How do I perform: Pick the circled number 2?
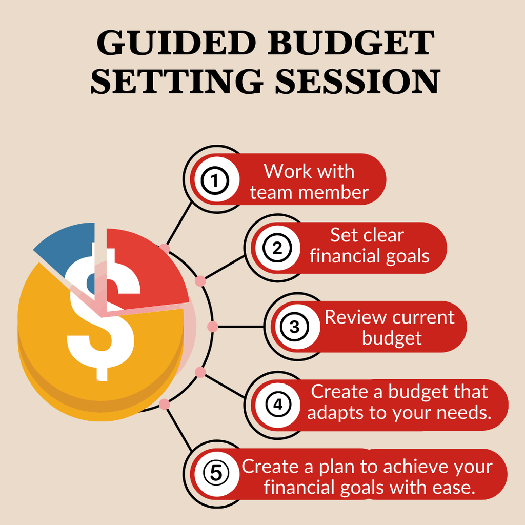click(x=277, y=249)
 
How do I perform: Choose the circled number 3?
click(x=294, y=327)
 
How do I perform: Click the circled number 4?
click(x=277, y=405)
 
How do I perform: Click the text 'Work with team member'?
click(x=309, y=181)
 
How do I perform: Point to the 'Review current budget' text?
click(x=390, y=328)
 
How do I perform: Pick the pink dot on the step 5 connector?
click(x=164, y=405)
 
